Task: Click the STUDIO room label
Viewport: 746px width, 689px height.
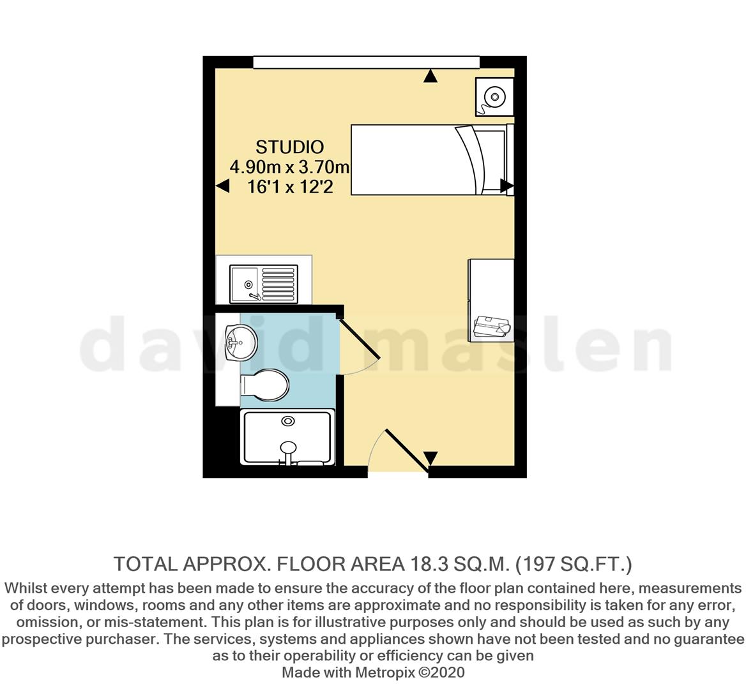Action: [290, 147]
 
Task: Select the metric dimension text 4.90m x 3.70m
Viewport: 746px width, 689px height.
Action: [290, 167]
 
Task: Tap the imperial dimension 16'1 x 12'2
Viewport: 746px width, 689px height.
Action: [290, 187]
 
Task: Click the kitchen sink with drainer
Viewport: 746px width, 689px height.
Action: [264, 283]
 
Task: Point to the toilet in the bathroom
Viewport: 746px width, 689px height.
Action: [264, 385]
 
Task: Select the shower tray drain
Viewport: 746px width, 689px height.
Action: [288, 421]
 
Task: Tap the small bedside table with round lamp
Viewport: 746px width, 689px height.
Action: [494, 97]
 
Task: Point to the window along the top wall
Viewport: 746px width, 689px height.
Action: [366, 62]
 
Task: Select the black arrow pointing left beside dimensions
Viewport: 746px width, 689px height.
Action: [222, 186]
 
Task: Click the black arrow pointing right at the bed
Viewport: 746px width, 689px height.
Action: [506, 186]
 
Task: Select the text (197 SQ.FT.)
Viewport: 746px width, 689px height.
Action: [574, 564]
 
